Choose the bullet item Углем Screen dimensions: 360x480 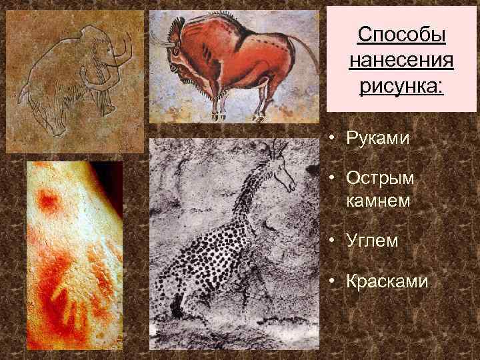pyautogui.click(x=372, y=241)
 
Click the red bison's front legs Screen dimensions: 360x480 pyautogui.click(x=217, y=100)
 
